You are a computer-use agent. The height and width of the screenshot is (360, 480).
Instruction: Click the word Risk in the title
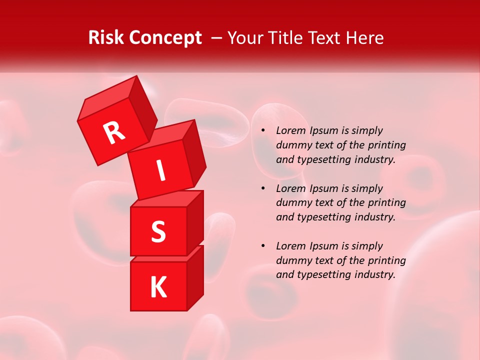tap(106, 38)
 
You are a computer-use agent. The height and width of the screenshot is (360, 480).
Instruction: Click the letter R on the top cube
tap(114, 132)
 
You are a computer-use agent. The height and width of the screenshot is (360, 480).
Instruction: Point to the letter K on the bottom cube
tap(158, 287)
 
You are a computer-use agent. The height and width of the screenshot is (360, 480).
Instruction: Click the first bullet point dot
tap(263, 131)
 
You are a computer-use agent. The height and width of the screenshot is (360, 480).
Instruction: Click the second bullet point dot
tap(263, 189)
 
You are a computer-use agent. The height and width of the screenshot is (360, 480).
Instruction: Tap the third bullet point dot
tap(263, 246)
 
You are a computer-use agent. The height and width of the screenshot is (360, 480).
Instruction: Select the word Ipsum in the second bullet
tap(323, 189)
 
